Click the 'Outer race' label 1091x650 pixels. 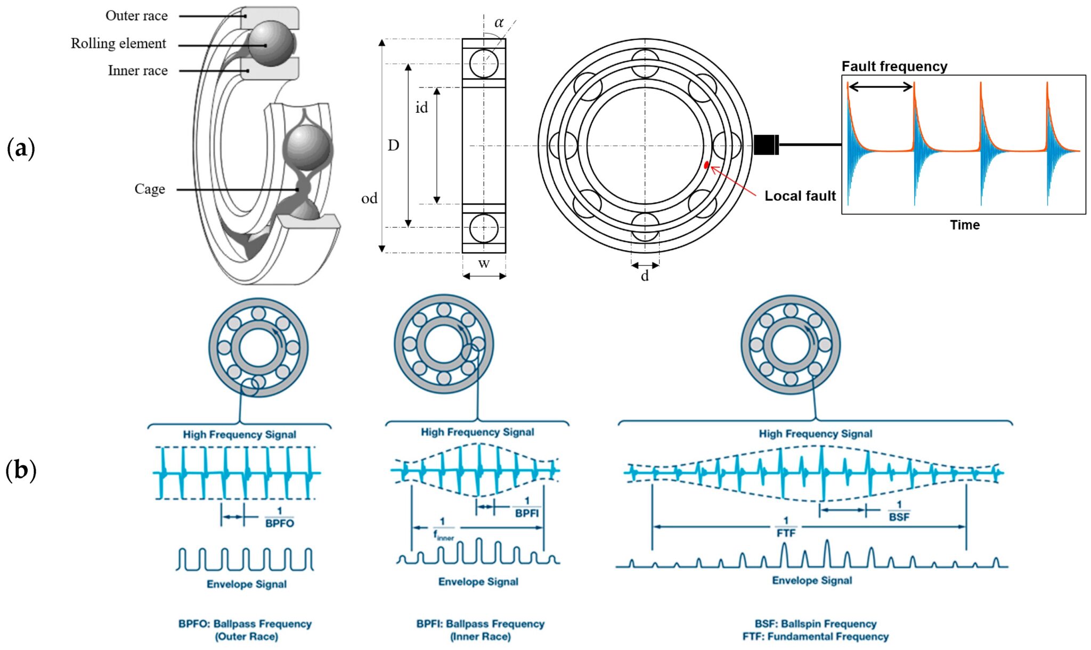click(x=136, y=16)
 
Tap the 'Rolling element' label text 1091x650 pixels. click(x=118, y=44)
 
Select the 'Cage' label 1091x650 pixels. click(x=150, y=189)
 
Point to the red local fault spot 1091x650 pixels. click(x=707, y=166)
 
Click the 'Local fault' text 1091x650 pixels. click(x=800, y=196)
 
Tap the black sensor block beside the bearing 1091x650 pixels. click(x=766, y=145)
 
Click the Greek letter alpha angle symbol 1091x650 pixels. click(x=499, y=23)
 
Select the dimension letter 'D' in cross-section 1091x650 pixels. click(x=393, y=145)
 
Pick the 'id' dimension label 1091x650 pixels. click(x=421, y=108)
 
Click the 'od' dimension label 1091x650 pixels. click(x=369, y=199)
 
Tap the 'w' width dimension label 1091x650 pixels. click(x=484, y=263)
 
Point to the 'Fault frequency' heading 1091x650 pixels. click(x=894, y=67)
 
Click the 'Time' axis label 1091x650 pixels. click(x=964, y=225)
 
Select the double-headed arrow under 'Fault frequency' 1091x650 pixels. click(x=880, y=87)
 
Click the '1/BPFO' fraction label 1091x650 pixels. click(x=279, y=517)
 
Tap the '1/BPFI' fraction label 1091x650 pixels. click(x=526, y=507)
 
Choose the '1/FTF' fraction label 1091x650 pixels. click(x=786, y=527)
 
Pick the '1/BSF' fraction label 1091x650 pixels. click(x=899, y=511)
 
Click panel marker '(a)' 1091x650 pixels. click(x=21, y=149)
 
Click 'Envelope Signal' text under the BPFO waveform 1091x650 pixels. click(x=247, y=584)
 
